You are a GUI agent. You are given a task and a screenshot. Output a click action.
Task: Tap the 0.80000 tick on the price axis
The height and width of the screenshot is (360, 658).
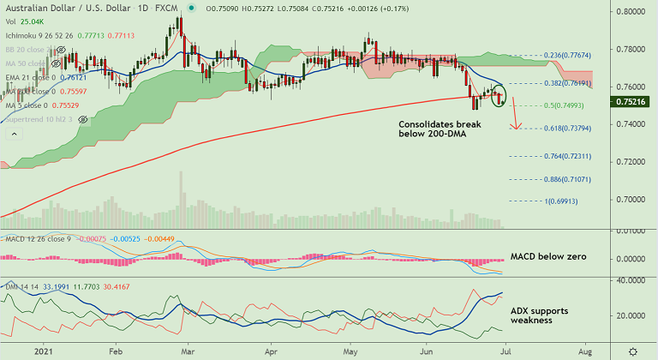click(x=633, y=13)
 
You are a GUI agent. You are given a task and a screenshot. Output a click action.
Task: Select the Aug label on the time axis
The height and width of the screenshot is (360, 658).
click(x=584, y=351)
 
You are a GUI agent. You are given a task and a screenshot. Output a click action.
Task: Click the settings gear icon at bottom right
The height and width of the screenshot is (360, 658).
click(x=632, y=351)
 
